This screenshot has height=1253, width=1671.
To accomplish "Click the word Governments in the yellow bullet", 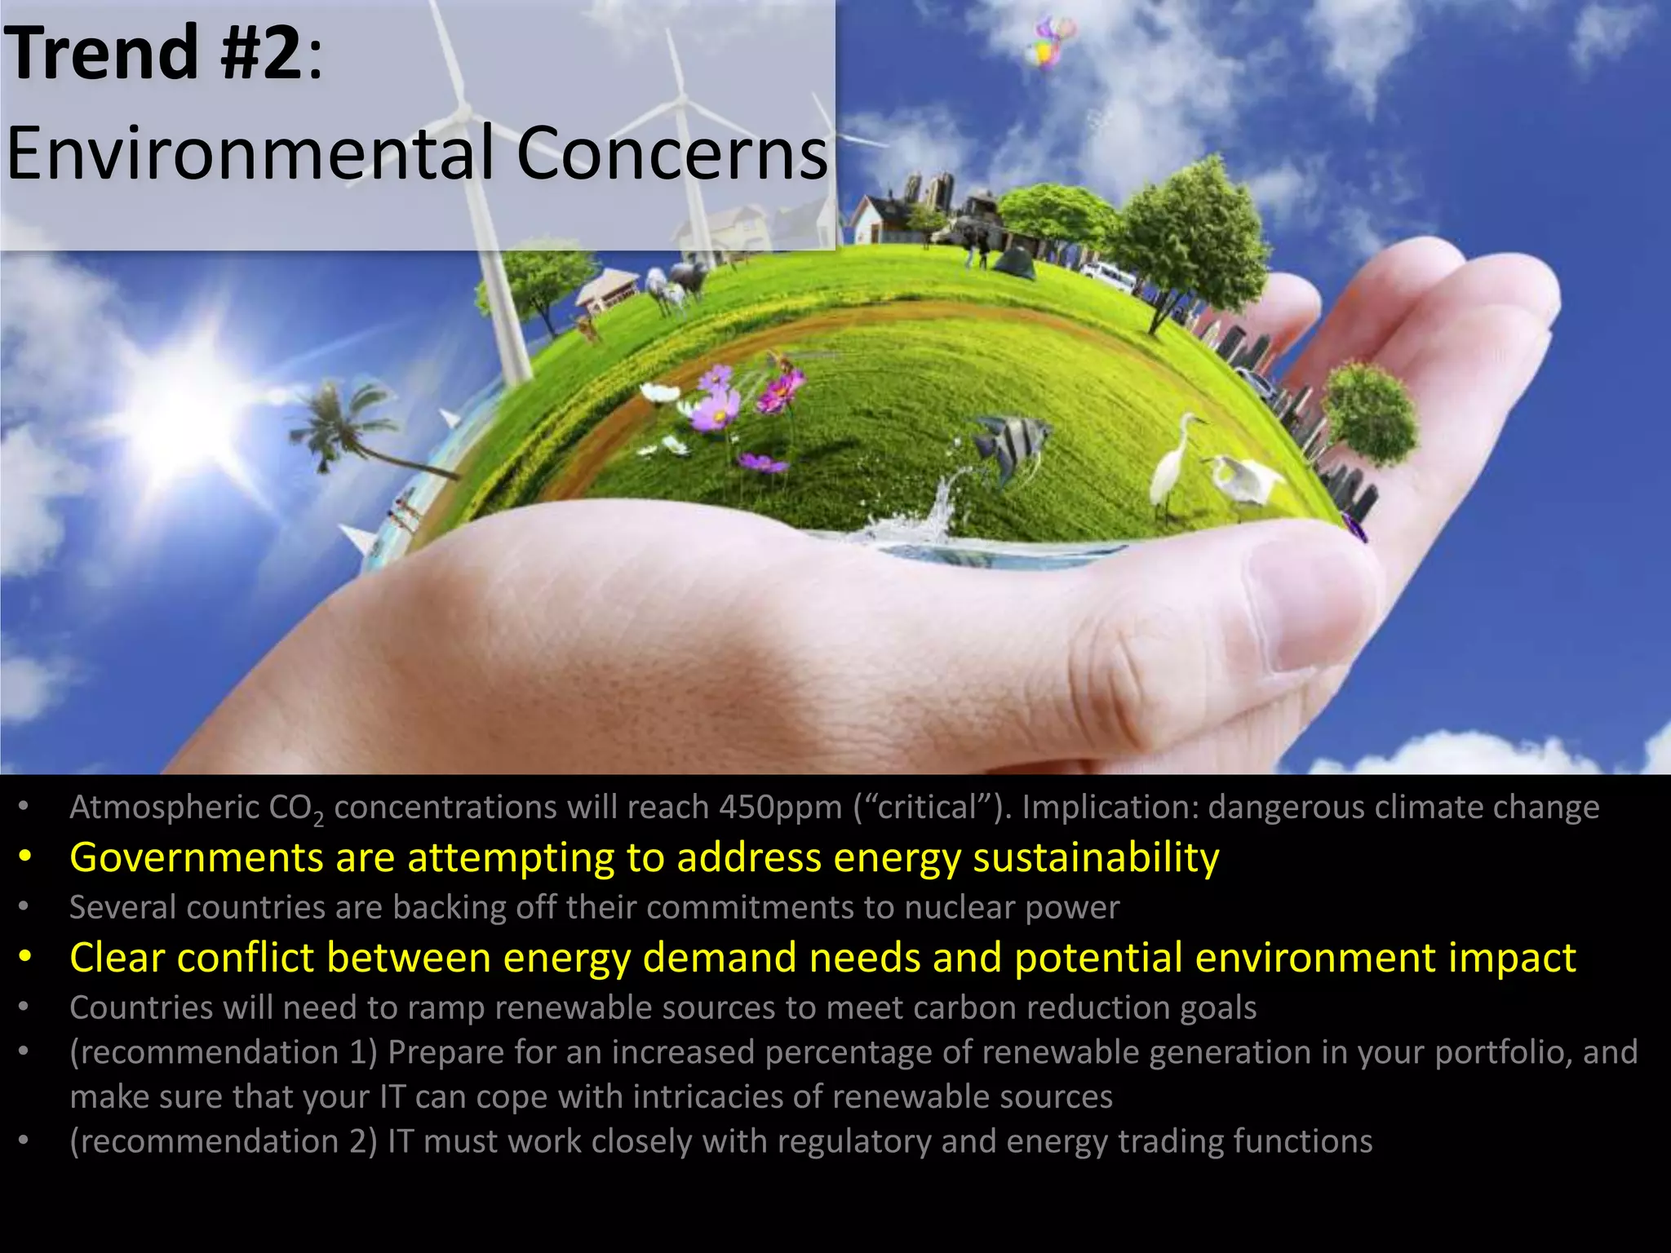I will (x=197, y=858).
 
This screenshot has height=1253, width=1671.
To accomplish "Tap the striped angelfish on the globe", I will (x=1012, y=445).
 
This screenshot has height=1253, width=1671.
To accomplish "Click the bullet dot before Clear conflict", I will (x=26, y=958).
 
